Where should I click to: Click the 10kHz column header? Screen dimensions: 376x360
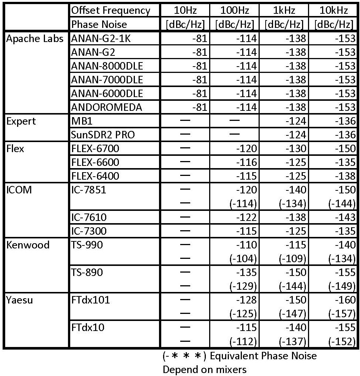point(333,10)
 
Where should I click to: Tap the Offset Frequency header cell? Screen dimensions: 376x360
point(111,10)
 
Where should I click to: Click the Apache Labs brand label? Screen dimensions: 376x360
point(35,39)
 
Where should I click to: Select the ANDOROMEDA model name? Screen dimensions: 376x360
point(107,107)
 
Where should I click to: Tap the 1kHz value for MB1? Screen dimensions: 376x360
point(296,121)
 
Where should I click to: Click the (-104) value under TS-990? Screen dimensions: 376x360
point(244,259)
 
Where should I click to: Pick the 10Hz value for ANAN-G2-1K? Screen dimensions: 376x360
point(200,39)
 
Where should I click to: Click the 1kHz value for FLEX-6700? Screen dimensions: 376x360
point(296,149)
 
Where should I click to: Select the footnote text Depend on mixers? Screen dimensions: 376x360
point(204,369)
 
